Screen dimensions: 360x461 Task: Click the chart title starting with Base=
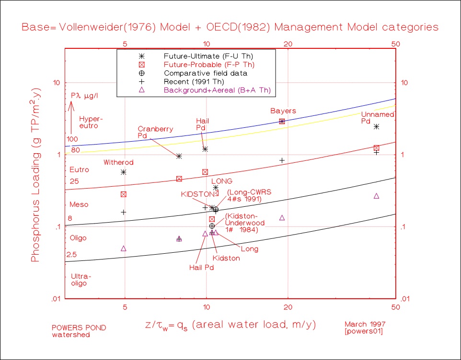tap(230, 27)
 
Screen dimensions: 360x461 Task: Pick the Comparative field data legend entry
tap(205, 73)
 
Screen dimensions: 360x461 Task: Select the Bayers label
tap(283, 111)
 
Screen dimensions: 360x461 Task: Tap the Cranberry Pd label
tap(155, 133)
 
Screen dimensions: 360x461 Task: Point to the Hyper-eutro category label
tap(91, 123)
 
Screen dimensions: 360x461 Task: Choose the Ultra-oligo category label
tap(81, 280)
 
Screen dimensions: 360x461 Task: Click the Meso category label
tap(79, 205)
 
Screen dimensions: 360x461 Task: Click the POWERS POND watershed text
tap(79, 331)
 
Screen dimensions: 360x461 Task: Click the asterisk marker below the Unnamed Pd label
tap(377, 127)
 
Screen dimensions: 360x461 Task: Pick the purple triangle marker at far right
tap(376, 196)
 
